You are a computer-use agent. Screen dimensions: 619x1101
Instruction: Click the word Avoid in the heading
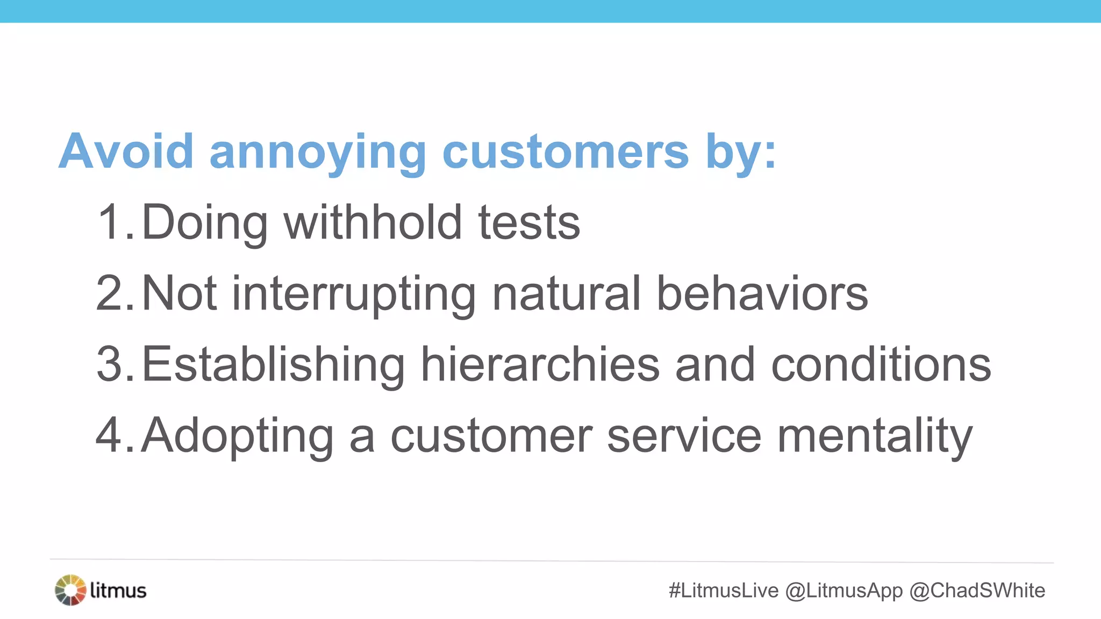coord(126,152)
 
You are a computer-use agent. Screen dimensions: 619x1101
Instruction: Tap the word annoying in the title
coord(317,154)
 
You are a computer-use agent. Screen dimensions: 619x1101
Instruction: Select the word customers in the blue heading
coord(565,152)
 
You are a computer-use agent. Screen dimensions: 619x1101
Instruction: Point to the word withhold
coord(373,222)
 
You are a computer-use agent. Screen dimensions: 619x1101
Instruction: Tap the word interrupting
coord(354,294)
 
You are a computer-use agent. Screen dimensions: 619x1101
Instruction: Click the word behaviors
coord(762,293)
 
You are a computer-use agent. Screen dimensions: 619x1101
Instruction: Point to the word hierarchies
coord(540,364)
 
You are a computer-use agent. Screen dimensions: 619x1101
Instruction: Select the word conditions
coord(881,364)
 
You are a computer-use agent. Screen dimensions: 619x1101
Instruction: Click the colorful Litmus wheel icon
coord(70,590)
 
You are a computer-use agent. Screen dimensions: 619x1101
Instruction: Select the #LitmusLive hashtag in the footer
coord(724,591)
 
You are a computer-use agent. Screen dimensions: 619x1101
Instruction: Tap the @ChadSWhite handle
coord(977,591)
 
